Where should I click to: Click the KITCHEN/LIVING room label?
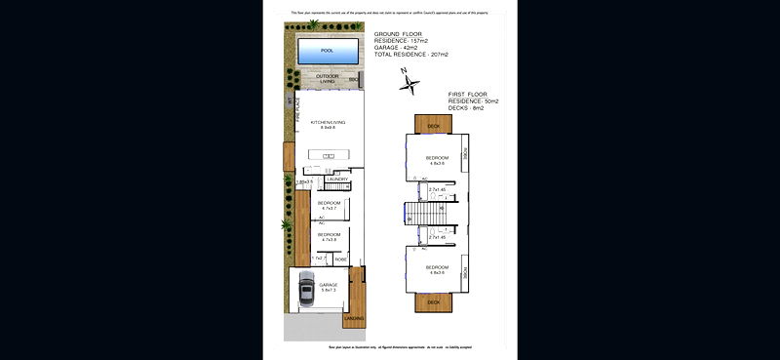click(x=327, y=124)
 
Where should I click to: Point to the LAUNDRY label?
click(x=338, y=180)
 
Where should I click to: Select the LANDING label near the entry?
click(x=354, y=318)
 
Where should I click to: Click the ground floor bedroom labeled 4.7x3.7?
click(x=329, y=205)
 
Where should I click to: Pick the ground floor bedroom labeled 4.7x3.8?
click(x=329, y=236)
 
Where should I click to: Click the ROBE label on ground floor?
click(x=340, y=259)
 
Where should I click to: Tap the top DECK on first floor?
click(x=434, y=125)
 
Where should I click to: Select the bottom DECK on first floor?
click(x=434, y=301)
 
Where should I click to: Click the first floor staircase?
click(x=423, y=213)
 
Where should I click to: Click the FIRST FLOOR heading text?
click(x=472, y=94)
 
